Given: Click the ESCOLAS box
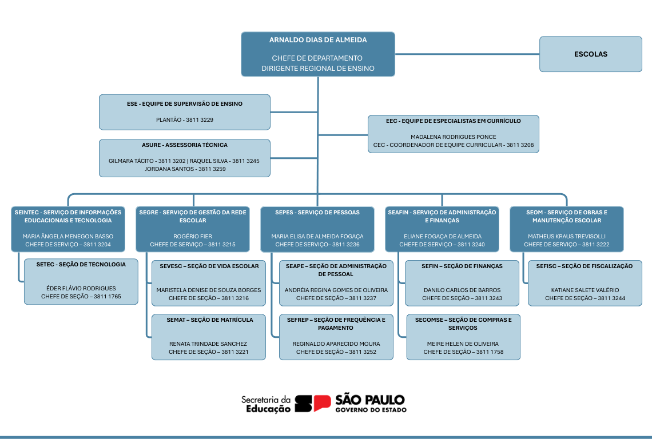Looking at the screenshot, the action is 590,54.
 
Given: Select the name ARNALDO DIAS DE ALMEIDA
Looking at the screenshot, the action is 318,40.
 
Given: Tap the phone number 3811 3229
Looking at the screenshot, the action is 200,119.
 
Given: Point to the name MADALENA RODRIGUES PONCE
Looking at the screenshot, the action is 453,137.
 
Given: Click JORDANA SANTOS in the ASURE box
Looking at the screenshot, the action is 169,169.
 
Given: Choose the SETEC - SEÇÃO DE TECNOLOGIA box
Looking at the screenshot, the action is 81,281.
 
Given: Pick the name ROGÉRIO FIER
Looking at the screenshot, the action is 193,236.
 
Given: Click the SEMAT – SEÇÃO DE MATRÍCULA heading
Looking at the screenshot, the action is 209,320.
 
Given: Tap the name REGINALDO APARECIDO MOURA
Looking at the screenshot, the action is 336,344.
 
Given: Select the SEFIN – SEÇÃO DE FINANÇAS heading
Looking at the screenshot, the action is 462,266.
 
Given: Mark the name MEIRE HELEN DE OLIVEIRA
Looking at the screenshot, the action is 463,344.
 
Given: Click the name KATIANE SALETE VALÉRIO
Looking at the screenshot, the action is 585,290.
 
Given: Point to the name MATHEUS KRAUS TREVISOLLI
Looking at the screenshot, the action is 567,236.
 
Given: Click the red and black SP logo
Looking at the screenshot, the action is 313,403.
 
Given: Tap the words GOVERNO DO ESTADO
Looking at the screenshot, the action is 371,410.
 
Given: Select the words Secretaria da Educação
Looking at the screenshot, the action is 266,405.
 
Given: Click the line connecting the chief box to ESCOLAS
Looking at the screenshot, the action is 467,54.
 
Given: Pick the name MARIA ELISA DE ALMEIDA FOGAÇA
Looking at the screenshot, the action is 317,236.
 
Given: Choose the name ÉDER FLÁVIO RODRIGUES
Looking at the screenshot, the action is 81,289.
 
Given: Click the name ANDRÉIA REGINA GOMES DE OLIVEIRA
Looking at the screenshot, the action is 336,290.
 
